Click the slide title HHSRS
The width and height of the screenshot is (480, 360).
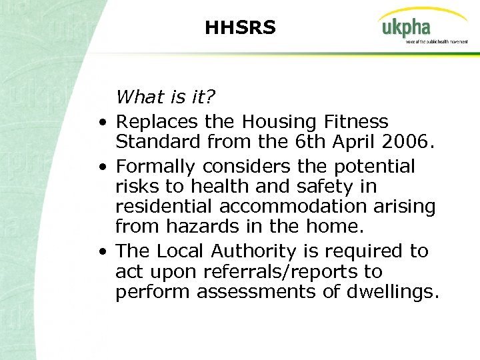240,28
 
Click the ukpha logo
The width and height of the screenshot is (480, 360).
406,28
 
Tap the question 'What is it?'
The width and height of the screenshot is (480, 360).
165,97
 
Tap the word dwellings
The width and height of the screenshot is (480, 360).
393,292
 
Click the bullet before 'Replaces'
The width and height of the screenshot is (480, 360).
100,123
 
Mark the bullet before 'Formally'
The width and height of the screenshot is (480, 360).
100,167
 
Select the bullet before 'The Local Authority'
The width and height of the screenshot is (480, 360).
100,253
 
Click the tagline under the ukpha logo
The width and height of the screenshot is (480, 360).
437,41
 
